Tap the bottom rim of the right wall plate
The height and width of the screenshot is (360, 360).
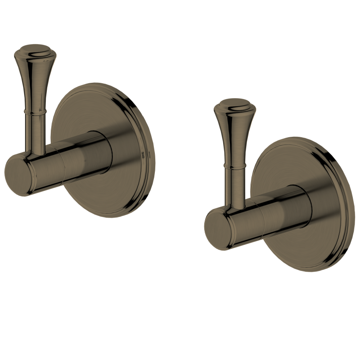point(310,269)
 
